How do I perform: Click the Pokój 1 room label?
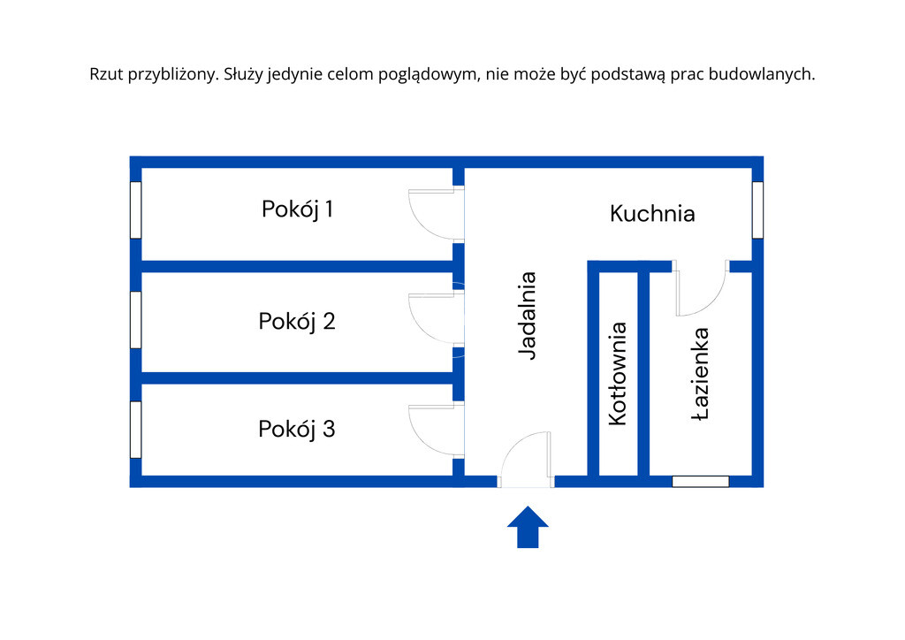297,210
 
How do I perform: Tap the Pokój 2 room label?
297,321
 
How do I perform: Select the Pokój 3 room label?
297,430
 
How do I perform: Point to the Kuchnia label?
652,213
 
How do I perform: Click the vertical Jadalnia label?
528,316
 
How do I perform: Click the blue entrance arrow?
528,527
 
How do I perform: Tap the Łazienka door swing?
700,289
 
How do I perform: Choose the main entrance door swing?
527,460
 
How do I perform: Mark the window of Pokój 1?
136,210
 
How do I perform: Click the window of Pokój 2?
136,320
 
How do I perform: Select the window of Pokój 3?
136,430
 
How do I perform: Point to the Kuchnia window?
757,210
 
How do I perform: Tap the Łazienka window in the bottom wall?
701,482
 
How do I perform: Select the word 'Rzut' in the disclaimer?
106,75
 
